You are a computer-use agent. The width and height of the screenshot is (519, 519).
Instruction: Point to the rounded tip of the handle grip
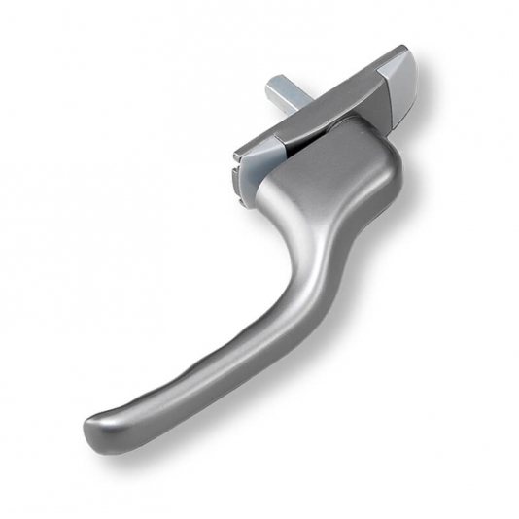[97, 428]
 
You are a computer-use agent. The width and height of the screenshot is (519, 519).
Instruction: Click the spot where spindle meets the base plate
[296, 109]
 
